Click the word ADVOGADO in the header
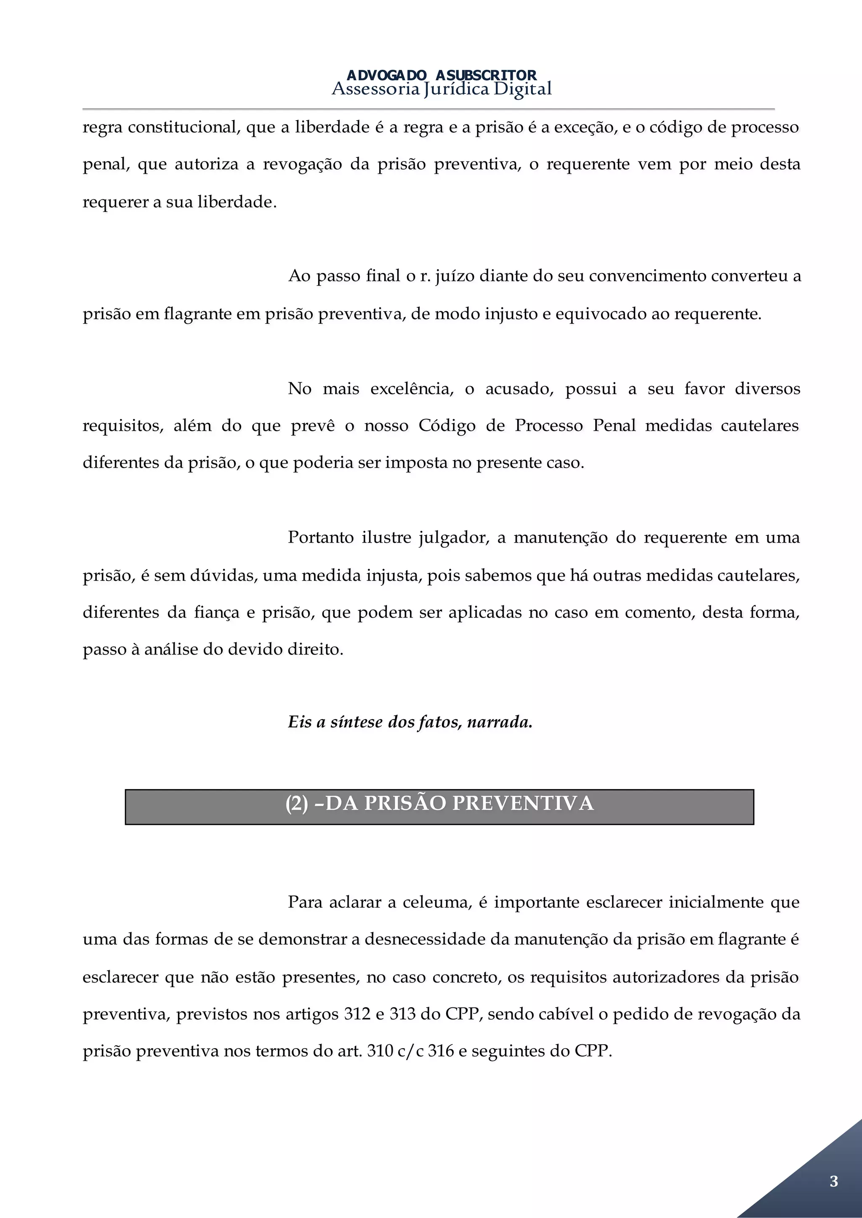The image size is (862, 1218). [386, 75]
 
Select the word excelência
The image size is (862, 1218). [412, 389]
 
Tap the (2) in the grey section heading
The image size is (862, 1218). [297, 804]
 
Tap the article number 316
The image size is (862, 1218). [441, 1051]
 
